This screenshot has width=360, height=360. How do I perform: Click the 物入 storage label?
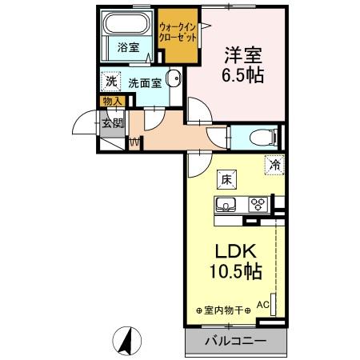click(x=112, y=101)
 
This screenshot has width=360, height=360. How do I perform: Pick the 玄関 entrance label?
click(x=112, y=123)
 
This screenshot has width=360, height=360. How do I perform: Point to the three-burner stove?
click(x=258, y=203)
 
